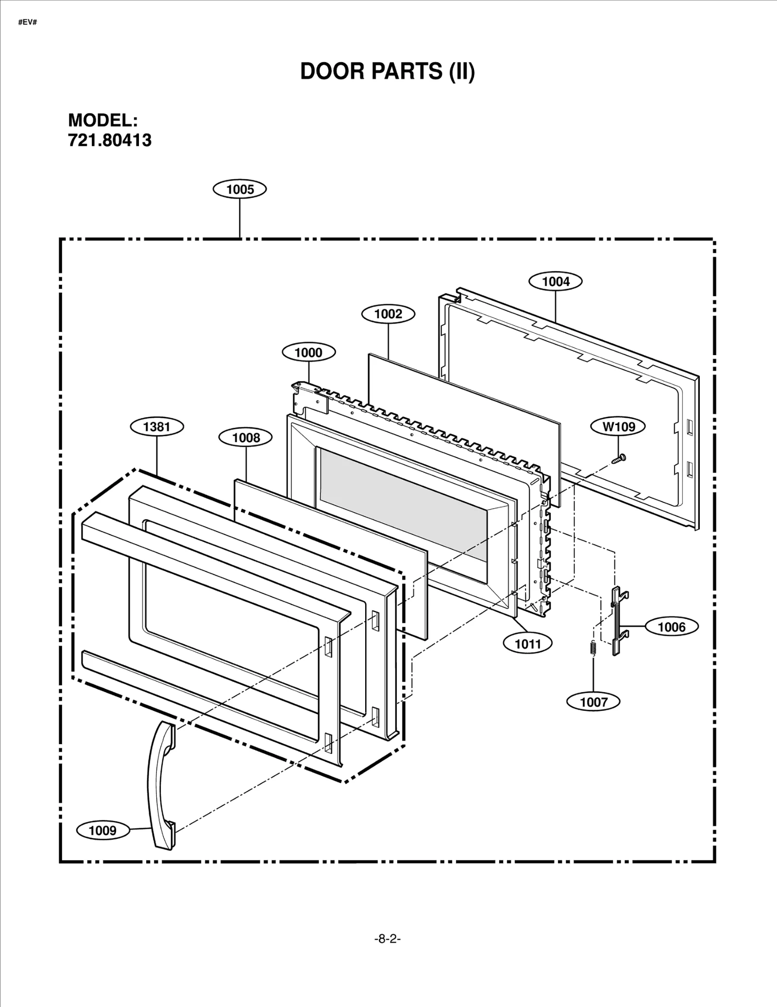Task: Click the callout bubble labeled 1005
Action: click(240, 189)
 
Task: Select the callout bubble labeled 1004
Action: click(556, 281)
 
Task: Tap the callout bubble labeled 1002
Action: click(388, 314)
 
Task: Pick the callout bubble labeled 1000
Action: click(308, 352)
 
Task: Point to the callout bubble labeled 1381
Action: click(157, 427)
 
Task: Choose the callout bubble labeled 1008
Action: click(246, 438)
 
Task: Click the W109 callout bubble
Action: click(618, 427)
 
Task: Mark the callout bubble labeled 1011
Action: click(528, 644)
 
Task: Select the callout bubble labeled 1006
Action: click(672, 627)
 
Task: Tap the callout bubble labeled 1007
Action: click(593, 702)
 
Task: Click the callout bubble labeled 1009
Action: click(103, 830)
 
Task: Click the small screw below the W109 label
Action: click(619, 458)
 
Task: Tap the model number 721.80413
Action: click(110, 140)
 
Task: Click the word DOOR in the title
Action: click(333, 71)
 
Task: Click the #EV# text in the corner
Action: click(28, 23)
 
